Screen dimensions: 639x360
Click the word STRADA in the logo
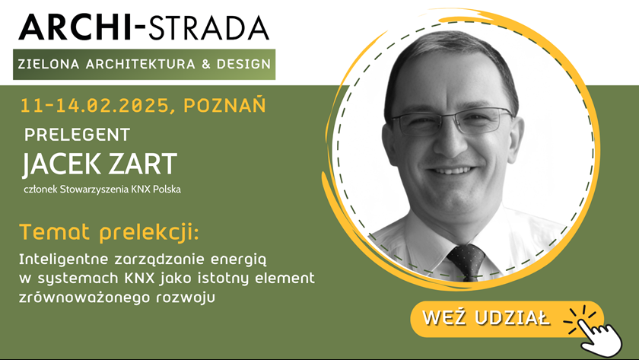[208, 27]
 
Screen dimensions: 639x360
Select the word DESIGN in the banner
[243, 64]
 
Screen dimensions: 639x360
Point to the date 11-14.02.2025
[94, 106]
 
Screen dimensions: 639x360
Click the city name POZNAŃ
[224, 105]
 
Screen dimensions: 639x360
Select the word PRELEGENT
[77, 135]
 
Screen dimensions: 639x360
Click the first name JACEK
[60, 164]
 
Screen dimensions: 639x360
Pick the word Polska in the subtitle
[167, 190]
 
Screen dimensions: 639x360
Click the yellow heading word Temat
[54, 232]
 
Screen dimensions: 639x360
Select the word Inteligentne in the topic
[63, 260]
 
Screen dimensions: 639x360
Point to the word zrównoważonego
[84, 298]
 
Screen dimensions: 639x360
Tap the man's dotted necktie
[466, 262]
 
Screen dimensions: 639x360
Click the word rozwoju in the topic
[186, 298]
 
